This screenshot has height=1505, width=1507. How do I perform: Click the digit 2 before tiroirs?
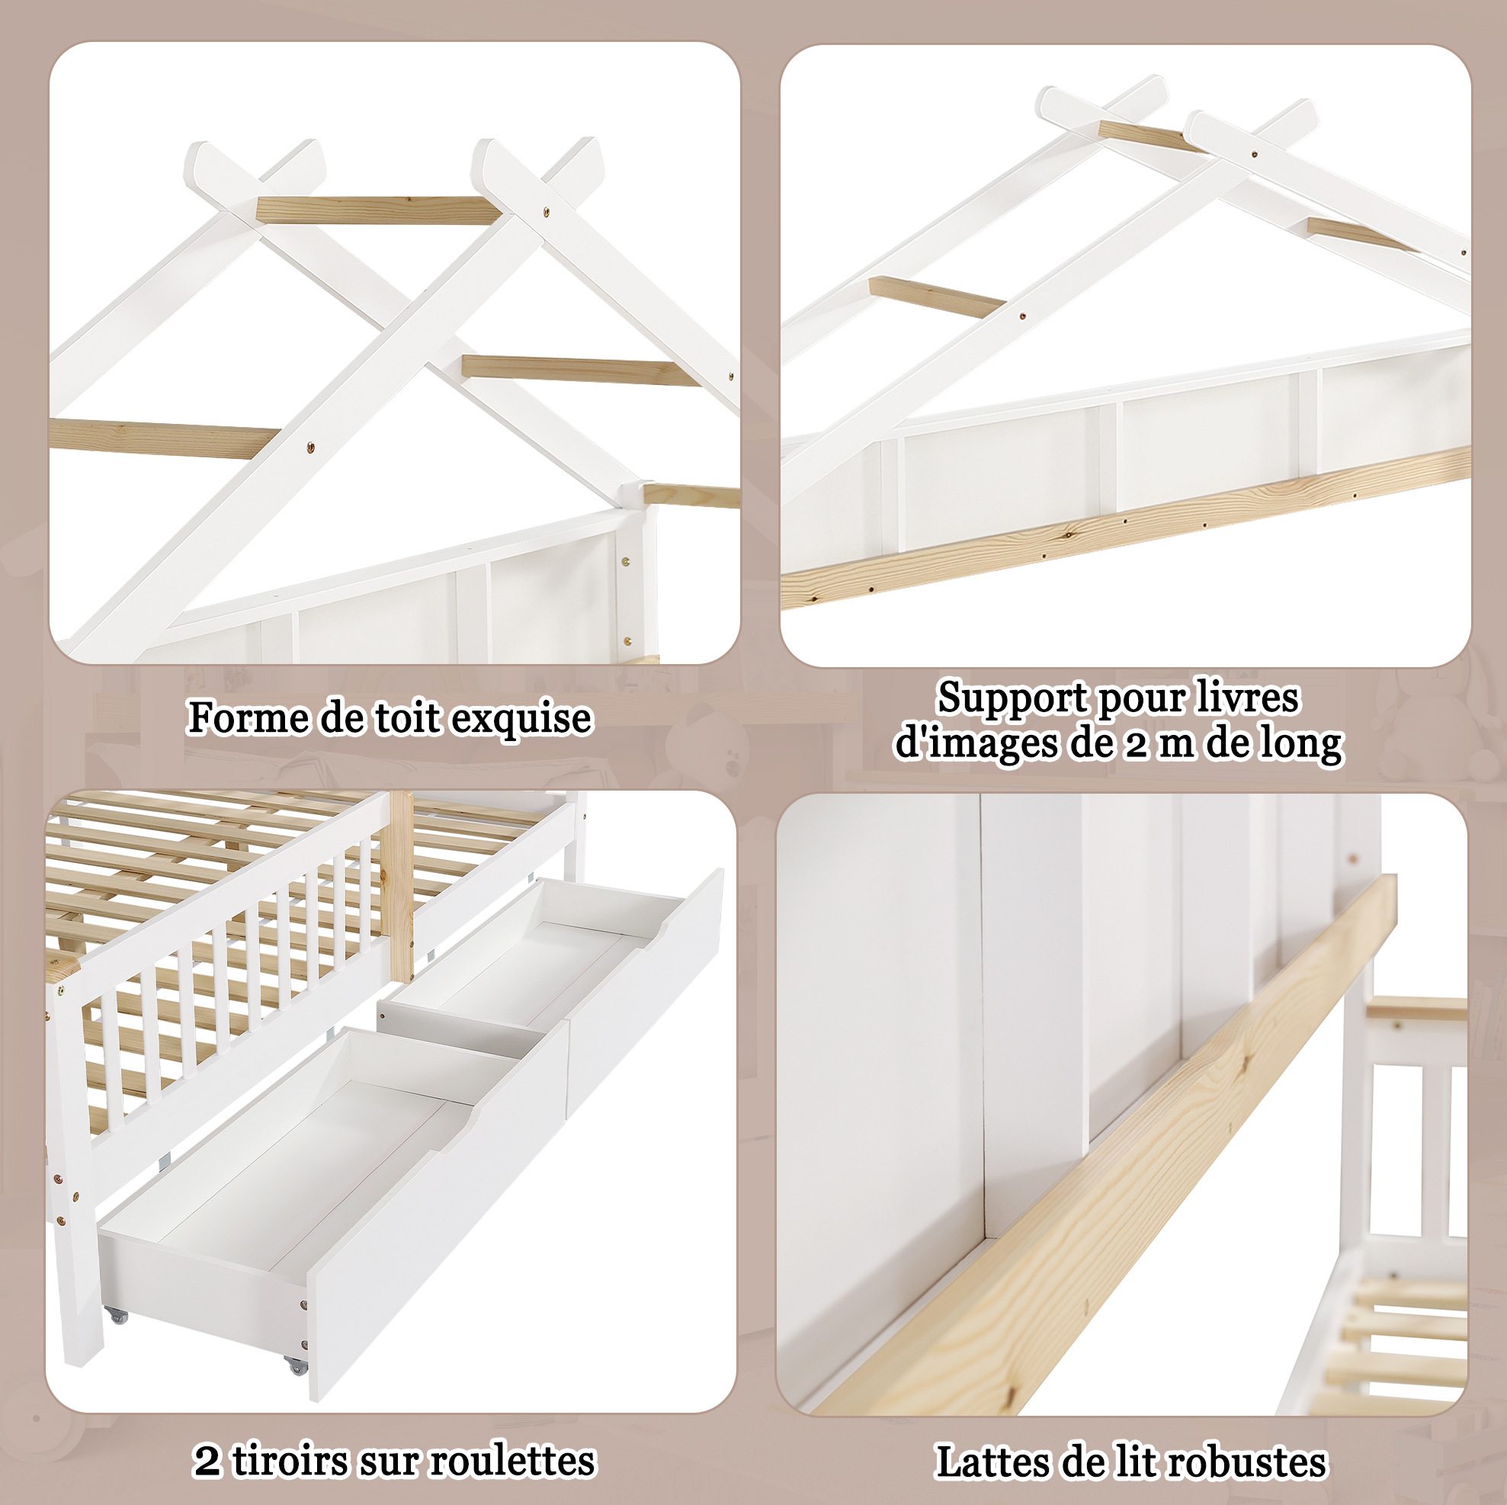pos(207,1462)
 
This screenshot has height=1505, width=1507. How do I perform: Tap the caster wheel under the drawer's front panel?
pos(296,1365)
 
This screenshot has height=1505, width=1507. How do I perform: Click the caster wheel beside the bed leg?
pos(117,1314)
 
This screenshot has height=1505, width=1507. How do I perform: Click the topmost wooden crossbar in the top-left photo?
pos(378,210)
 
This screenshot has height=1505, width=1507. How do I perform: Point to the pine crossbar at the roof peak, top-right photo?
pos(1151,137)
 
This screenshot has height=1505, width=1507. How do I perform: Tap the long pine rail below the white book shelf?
pos(1127,528)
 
